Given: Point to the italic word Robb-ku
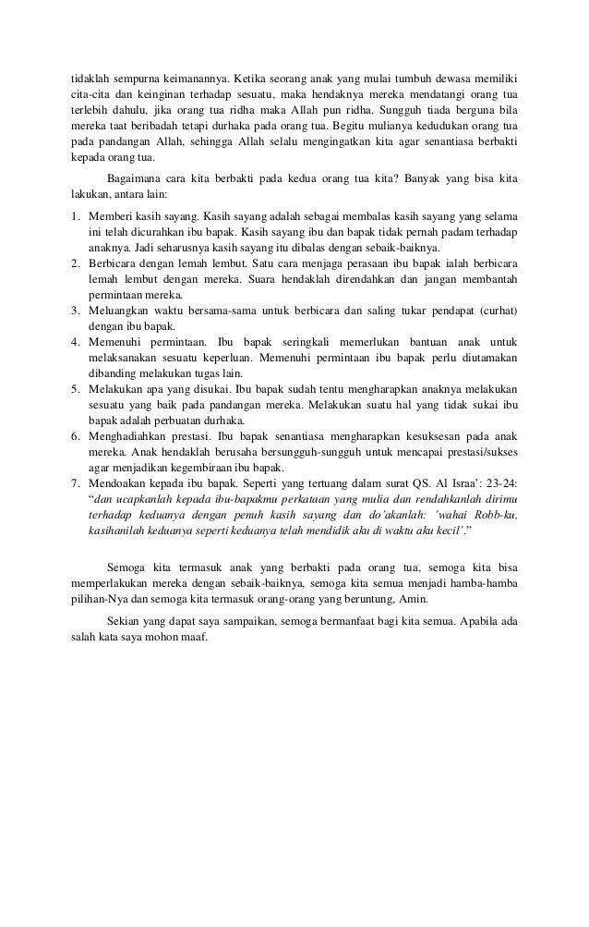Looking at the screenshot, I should (495, 518).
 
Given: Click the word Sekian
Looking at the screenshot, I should (125, 621).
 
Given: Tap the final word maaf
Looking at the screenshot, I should (196, 638).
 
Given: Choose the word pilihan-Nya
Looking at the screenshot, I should (101, 603).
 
